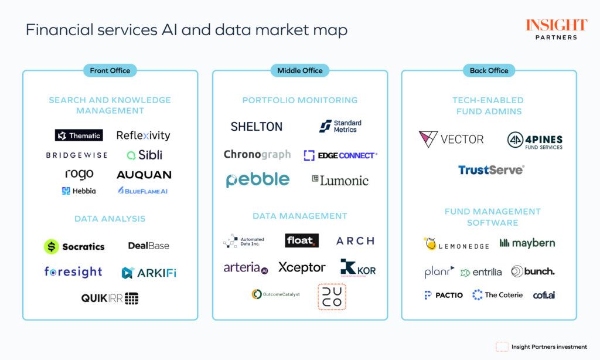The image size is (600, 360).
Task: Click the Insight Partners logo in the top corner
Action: (556, 29)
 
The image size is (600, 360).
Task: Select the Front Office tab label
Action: (110, 70)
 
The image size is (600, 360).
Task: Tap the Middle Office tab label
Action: (300, 70)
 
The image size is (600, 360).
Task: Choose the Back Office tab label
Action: (489, 70)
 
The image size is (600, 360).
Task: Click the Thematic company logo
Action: (79, 135)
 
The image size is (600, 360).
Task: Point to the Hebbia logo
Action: (79, 191)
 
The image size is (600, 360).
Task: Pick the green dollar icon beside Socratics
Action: (52, 246)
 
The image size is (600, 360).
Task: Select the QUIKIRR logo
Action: (110, 298)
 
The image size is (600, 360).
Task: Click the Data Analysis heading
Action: (110, 219)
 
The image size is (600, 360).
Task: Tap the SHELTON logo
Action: (256, 126)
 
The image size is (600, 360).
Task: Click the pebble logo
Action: (258, 179)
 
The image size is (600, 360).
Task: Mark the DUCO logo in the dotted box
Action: (332, 297)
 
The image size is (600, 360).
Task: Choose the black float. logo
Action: (302, 240)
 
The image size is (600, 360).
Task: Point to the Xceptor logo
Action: (302, 267)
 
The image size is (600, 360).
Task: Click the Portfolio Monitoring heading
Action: (300, 100)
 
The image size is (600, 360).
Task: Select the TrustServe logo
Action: (491, 170)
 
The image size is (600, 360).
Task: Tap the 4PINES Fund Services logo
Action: (534, 141)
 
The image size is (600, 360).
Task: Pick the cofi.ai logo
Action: (544, 295)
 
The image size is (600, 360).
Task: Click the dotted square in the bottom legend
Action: (501, 347)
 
